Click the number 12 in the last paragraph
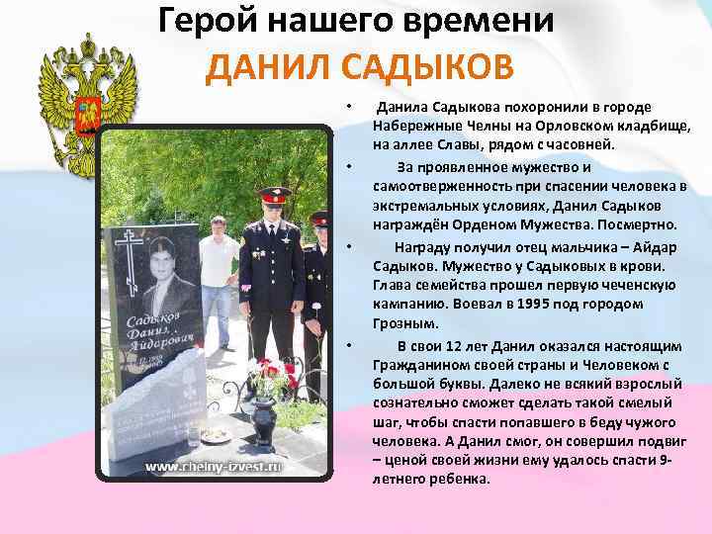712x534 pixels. pyautogui.click(x=462, y=345)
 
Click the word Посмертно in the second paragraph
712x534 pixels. pyautogui.click(x=639, y=223)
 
